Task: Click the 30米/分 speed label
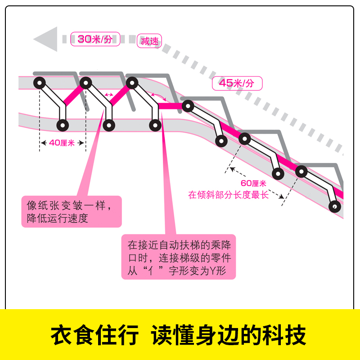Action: pos(95,39)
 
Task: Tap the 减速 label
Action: pos(150,41)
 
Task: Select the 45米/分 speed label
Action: pos(236,83)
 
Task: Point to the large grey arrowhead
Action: pos(46,39)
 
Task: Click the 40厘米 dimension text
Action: pos(62,143)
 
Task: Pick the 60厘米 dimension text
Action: pos(254,184)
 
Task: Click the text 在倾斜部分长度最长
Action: pos(228,195)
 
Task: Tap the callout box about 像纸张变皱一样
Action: pos(72,211)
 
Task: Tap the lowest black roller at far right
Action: pos(334,207)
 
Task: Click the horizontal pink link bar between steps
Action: pos(171,106)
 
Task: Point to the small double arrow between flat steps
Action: pos(108,94)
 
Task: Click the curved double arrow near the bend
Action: pos(157,95)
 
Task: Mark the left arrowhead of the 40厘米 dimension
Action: pos(43,143)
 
